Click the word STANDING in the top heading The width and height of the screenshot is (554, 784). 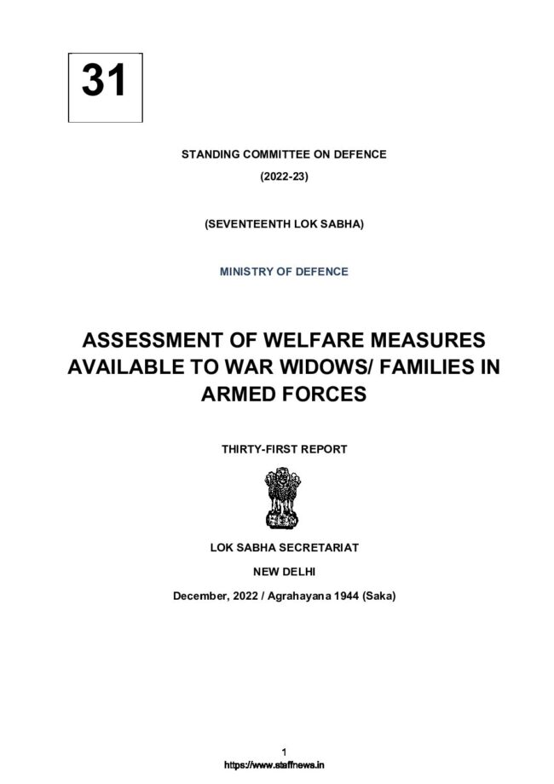point(207,154)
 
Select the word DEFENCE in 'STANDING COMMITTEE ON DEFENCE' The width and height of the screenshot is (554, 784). point(358,154)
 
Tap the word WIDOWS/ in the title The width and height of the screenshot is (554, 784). point(303,369)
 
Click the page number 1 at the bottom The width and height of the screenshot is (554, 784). point(282,751)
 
